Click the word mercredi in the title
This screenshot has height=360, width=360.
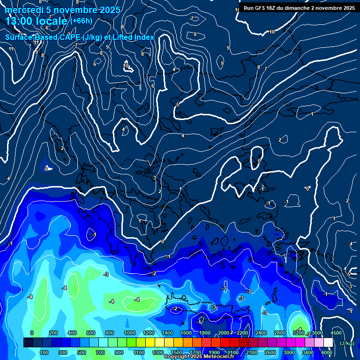(x=23, y=10)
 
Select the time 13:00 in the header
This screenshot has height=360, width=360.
(x=21, y=21)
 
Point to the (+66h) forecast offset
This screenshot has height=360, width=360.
(x=81, y=21)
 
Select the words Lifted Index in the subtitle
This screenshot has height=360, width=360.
(x=133, y=37)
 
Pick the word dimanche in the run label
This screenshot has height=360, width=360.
(x=307, y=8)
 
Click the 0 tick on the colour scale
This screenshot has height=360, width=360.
(x=32, y=333)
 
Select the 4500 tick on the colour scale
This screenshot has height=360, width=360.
(x=336, y=333)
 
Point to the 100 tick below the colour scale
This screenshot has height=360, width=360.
(x=45, y=352)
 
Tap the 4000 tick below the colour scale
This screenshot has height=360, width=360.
(x=327, y=352)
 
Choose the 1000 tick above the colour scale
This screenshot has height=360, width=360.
(x=130, y=333)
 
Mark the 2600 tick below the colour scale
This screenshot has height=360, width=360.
(x=270, y=352)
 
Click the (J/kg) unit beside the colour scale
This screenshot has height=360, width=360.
(x=347, y=343)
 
